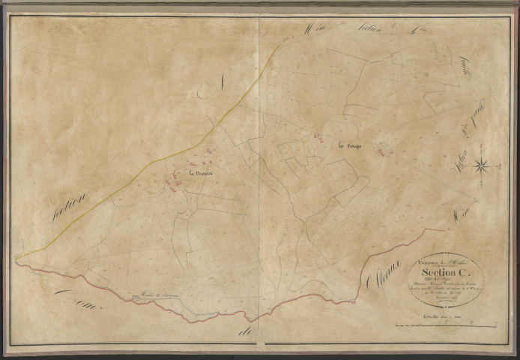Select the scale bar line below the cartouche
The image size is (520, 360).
[442, 325]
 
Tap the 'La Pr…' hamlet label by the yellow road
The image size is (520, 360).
[201, 175]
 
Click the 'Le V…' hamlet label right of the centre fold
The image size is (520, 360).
[350, 146]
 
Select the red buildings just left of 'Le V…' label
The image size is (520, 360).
[318, 137]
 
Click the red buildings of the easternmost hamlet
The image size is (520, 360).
[384, 151]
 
